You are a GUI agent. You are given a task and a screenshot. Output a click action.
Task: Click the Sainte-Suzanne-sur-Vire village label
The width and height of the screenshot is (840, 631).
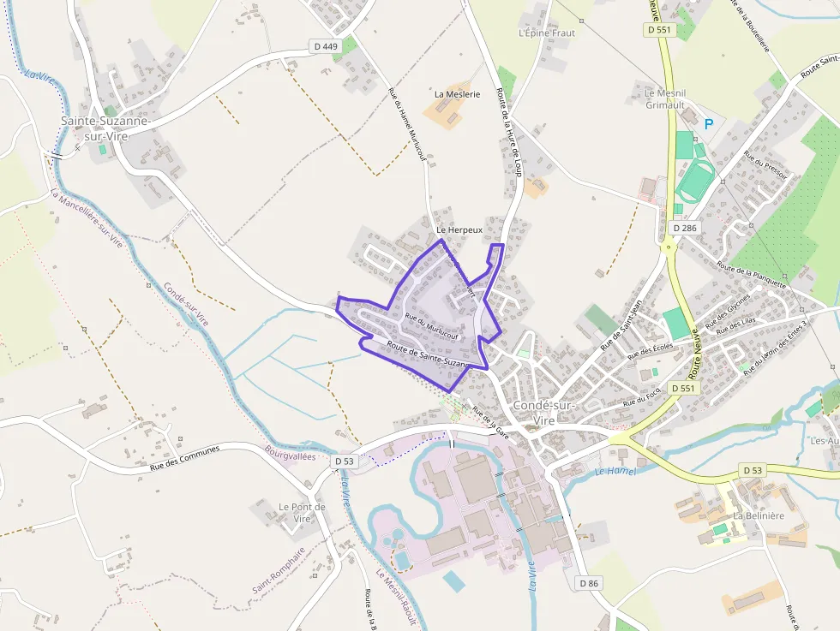click(x=106, y=128)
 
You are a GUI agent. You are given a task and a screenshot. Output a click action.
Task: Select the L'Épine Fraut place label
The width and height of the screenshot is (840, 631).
click(x=547, y=33)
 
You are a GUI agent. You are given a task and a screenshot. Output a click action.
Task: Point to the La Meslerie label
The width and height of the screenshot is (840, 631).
click(x=458, y=94)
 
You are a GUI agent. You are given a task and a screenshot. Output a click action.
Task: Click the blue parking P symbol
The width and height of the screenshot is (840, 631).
click(x=709, y=124)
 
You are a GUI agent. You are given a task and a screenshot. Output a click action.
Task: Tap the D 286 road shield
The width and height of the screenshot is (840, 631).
click(x=685, y=229)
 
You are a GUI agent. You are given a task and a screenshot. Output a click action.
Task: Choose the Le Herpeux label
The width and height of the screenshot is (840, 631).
click(x=459, y=230)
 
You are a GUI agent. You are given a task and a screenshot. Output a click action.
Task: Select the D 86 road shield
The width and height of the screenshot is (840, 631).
click(x=588, y=583)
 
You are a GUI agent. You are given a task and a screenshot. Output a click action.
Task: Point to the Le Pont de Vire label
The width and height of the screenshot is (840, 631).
click(x=302, y=513)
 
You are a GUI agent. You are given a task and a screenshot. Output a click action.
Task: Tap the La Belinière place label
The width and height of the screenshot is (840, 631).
click(x=759, y=515)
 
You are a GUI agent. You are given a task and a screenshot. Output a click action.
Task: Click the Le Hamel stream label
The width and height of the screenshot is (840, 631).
click(x=615, y=471)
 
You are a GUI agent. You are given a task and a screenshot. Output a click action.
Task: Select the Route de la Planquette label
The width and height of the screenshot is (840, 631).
click(x=752, y=276)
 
